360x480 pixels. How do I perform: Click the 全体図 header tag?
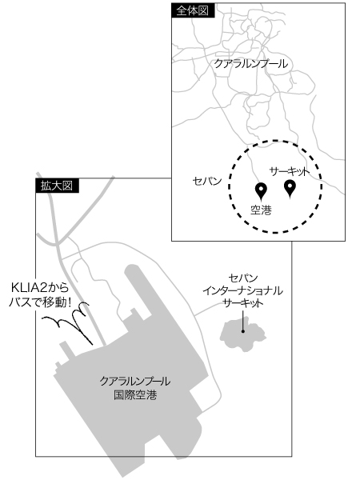193,10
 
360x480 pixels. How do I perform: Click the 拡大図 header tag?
58,186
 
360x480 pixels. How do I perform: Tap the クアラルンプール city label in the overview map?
251,64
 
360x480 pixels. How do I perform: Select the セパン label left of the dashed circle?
207,181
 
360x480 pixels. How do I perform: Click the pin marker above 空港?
261,191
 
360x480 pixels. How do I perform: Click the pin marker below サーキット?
290,188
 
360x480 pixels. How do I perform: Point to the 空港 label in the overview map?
261,210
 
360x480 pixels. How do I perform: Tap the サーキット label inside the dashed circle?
290,172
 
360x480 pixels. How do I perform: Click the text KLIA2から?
40,288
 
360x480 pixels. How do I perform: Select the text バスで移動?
40,302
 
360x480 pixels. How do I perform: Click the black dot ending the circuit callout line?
242,331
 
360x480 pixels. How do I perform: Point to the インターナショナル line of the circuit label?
242,290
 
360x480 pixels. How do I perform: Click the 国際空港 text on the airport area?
135,394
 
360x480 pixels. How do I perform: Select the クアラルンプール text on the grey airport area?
135,381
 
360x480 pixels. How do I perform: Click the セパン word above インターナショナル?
242,278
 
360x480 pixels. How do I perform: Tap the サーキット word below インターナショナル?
242,303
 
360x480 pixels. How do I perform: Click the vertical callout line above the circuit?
242,320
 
